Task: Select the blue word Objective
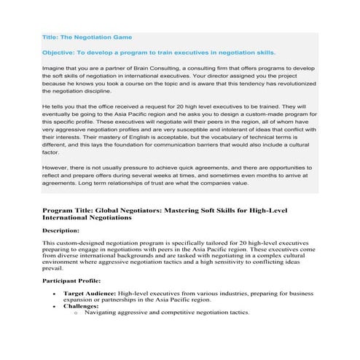click(60, 52)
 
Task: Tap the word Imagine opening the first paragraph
click(55, 69)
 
